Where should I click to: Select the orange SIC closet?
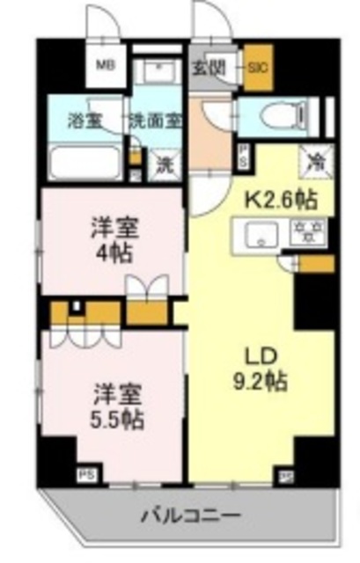coord(258,67)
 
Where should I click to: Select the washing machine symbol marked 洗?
coord(162,163)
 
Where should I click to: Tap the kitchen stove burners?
coord(308,233)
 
